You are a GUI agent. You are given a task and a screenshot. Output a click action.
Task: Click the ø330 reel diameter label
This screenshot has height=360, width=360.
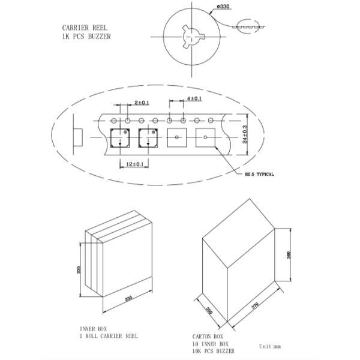pyautogui.click(x=223, y=7)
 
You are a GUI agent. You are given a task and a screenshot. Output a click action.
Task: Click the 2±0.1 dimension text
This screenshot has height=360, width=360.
pyautogui.click(x=142, y=103)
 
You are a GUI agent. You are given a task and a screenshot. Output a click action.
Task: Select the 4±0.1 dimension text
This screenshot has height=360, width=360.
pyautogui.click(x=194, y=98)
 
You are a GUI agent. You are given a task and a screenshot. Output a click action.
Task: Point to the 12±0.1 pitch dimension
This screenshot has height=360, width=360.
pyautogui.click(x=135, y=164)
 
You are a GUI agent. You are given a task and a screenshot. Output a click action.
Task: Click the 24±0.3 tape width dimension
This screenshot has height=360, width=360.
pyautogui.click(x=245, y=134)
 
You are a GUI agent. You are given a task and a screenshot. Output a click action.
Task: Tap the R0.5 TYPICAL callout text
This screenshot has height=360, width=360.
pyautogui.click(x=259, y=174)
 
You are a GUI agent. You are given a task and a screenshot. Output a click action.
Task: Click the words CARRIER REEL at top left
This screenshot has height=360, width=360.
pyautogui.click(x=85, y=28)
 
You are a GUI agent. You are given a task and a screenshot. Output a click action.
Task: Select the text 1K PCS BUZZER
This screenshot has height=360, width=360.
pyautogui.click(x=86, y=37)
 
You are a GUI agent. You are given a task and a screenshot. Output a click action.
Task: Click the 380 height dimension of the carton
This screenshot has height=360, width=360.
pyautogui.click(x=289, y=255)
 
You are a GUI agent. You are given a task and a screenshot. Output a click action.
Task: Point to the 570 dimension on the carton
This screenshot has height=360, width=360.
pyautogui.click(x=255, y=305)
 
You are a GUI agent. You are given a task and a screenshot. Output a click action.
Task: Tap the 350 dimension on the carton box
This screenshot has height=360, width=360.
pyautogui.click(x=209, y=310)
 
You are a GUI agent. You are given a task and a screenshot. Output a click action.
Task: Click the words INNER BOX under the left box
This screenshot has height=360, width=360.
pyautogui.click(x=94, y=329)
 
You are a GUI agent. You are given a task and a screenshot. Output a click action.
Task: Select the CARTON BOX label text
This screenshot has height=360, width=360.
pyautogui.click(x=208, y=337)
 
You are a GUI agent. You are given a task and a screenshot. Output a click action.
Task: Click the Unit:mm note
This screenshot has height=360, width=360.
pyautogui.click(x=270, y=346)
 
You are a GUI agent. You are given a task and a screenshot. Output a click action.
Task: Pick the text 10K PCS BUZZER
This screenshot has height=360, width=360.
pyautogui.click(x=214, y=351)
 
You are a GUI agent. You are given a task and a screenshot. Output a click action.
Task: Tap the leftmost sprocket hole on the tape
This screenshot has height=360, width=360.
pyautogui.click(x=113, y=121)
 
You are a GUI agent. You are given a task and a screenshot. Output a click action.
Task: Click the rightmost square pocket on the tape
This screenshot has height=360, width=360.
pyautogui.click(x=205, y=137)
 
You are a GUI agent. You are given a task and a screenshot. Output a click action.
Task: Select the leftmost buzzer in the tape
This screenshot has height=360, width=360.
pyautogui.click(x=120, y=138)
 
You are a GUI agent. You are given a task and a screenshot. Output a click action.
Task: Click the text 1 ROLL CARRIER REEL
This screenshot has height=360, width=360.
pyautogui.click(x=109, y=336)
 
